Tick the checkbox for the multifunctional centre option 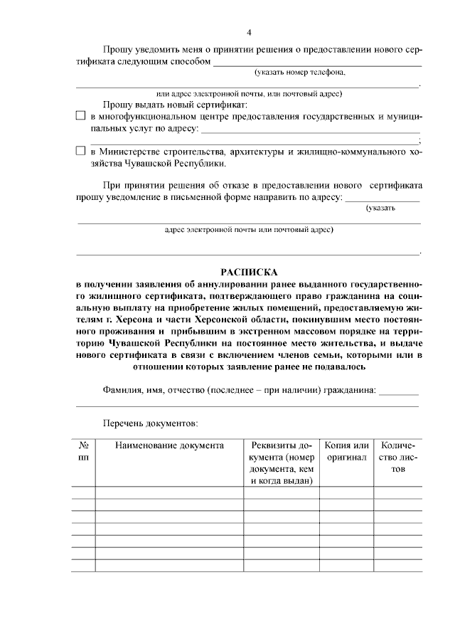click(80, 115)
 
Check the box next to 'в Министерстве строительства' click(80, 151)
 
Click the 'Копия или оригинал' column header click(346, 452)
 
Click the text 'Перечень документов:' click(150, 423)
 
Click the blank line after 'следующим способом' click(317, 63)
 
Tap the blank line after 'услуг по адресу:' click(311, 130)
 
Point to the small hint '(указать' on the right click(381, 208)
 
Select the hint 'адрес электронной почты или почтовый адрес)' click(249, 230)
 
